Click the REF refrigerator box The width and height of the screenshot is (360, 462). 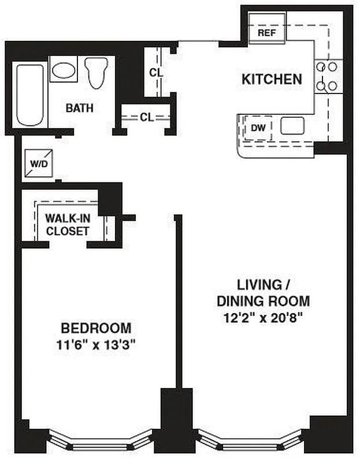(x=266, y=33)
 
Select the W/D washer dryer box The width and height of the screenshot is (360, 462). (x=39, y=163)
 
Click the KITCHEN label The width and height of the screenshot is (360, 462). (x=272, y=80)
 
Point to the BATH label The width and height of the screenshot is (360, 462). (x=79, y=108)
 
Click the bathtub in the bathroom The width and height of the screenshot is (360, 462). (x=30, y=95)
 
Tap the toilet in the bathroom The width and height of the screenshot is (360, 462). (x=95, y=72)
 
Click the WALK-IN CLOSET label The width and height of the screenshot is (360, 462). (x=67, y=225)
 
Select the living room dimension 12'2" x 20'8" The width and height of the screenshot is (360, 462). (x=263, y=316)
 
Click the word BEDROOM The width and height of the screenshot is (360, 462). (x=96, y=329)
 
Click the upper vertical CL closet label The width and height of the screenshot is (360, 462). (x=155, y=73)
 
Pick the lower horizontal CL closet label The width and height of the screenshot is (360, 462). (x=146, y=117)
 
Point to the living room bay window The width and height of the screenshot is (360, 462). (x=248, y=442)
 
